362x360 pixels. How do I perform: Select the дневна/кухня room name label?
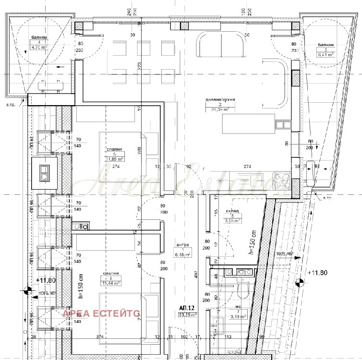(220, 100)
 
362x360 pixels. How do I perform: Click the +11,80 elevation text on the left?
(46, 280)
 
